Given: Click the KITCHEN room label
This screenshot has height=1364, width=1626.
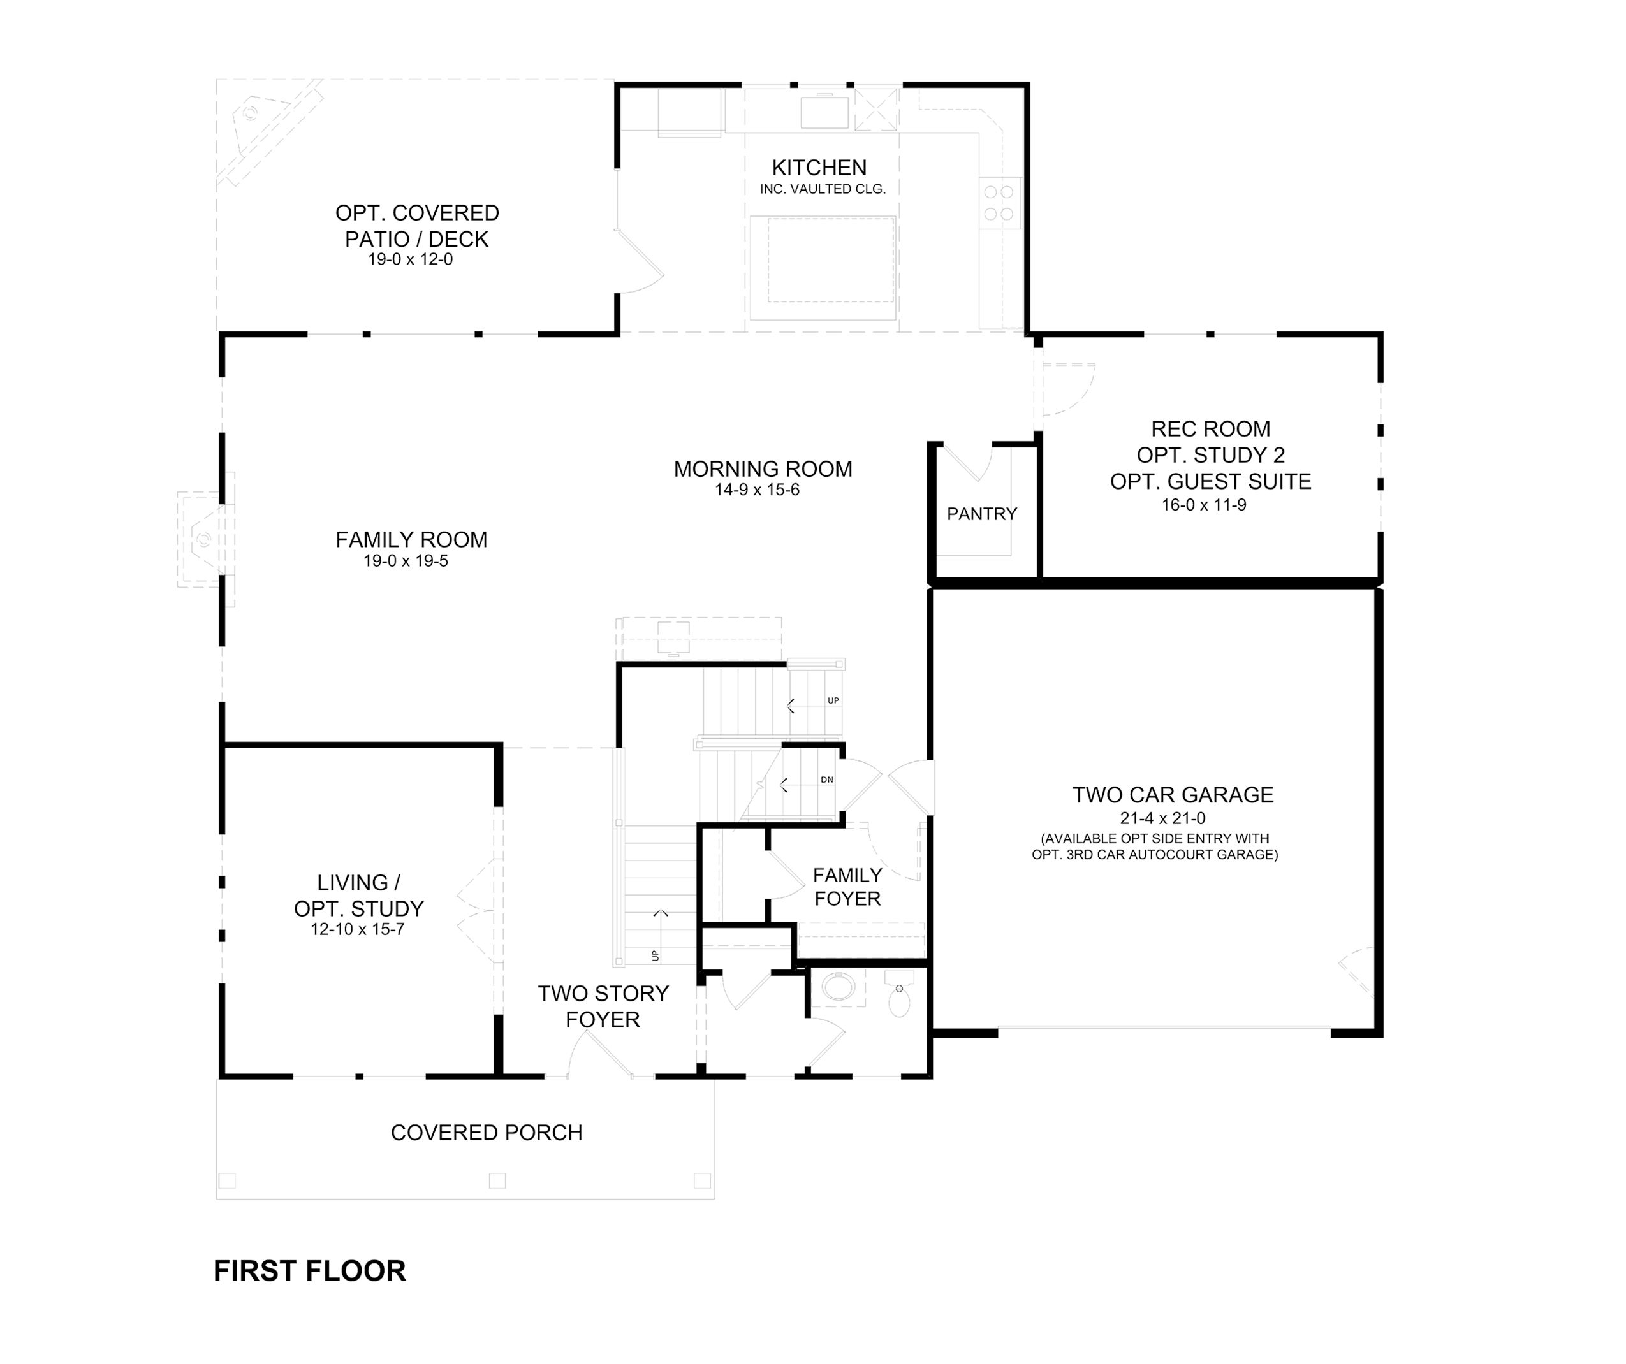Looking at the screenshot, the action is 819,167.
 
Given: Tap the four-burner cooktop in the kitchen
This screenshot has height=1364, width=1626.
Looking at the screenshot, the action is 1000,203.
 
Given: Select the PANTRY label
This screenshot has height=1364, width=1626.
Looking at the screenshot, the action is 982,513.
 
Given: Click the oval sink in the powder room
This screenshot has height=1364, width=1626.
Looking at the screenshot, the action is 839,989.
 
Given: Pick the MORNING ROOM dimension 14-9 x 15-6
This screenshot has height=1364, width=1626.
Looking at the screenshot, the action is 758,490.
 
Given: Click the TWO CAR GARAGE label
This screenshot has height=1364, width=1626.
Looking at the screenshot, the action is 1173,795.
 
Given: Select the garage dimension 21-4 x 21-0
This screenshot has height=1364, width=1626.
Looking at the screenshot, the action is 1162,818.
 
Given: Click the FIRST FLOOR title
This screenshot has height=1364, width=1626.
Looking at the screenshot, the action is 310,1270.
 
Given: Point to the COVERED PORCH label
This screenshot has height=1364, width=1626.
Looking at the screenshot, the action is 487,1133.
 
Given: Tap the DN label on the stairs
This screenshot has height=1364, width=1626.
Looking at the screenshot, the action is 827,780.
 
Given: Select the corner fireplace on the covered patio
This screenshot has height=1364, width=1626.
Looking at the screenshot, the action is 267,131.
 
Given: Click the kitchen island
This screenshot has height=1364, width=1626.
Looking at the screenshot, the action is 823,268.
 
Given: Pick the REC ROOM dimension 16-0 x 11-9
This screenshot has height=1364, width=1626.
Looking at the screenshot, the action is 1204,505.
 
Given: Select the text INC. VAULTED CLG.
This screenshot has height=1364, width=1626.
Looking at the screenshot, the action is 823,189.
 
